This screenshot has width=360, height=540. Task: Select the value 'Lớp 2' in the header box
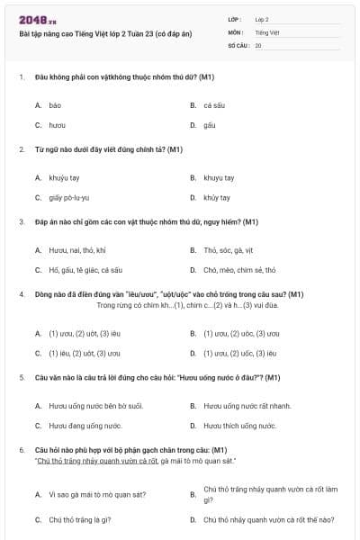[262, 18]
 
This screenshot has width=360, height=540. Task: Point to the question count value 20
[258, 44]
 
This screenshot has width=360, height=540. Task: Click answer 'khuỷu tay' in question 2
[64, 177]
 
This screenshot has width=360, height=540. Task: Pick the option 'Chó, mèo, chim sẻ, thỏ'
[239, 269]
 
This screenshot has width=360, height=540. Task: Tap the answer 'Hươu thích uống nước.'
[239, 425]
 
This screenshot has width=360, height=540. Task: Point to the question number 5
[21, 377]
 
